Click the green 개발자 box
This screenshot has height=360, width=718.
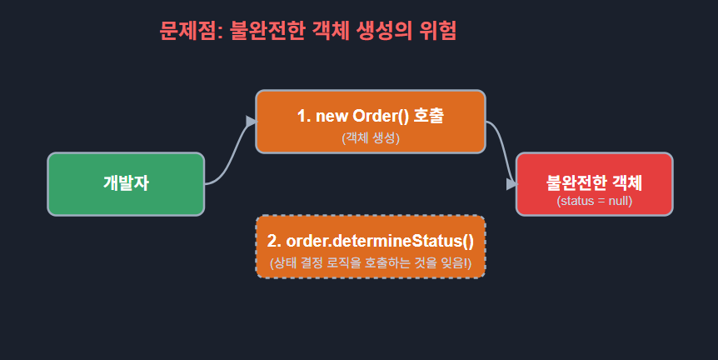(126, 184)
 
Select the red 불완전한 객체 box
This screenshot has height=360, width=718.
(594, 184)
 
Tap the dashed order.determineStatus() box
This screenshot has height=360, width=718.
(370, 247)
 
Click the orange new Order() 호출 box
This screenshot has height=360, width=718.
(370, 122)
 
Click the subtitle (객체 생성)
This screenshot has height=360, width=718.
(371, 138)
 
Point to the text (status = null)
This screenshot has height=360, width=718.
(594, 201)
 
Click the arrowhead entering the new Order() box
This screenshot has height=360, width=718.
(251, 122)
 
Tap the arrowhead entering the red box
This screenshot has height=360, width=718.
(511, 183)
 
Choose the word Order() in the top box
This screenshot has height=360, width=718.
(381, 116)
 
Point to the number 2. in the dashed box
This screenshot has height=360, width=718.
(274, 241)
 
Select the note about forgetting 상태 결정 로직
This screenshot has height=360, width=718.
(371, 263)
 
